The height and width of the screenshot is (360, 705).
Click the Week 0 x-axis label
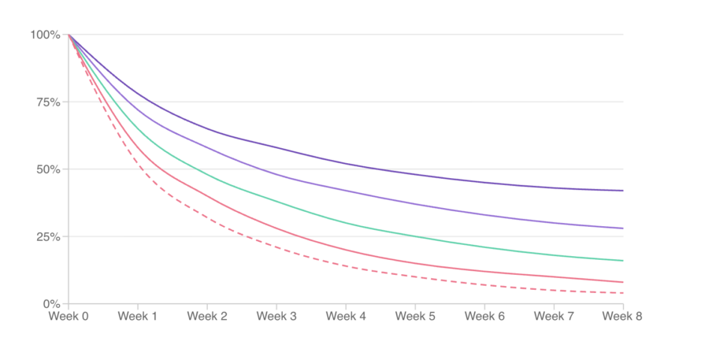(x=69, y=316)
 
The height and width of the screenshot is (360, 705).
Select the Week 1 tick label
(x=138, y=316)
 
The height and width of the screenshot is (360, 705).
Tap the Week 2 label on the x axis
(x=207, y=316)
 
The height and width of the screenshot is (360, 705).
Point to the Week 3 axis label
(x=276, y=316)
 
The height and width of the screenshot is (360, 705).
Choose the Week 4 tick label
(x=346, y=316)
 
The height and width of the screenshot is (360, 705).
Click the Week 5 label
(x=415, y=316)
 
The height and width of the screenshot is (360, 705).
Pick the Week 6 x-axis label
(x=484, y=316)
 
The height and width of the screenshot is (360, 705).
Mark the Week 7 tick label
(x=554, y=316)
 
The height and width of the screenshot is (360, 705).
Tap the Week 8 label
(x=622, y=316)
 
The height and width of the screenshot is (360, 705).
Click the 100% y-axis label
(x=45, y=35)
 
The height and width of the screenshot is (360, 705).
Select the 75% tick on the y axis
(x=48, y=102)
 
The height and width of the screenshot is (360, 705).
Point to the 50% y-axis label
(x=48, y=169)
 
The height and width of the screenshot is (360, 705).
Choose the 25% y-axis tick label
(x=48, y=237)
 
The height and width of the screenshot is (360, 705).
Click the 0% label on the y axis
(x=51, y=304)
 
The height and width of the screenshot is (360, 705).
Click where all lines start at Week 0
(x=69, y=35)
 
